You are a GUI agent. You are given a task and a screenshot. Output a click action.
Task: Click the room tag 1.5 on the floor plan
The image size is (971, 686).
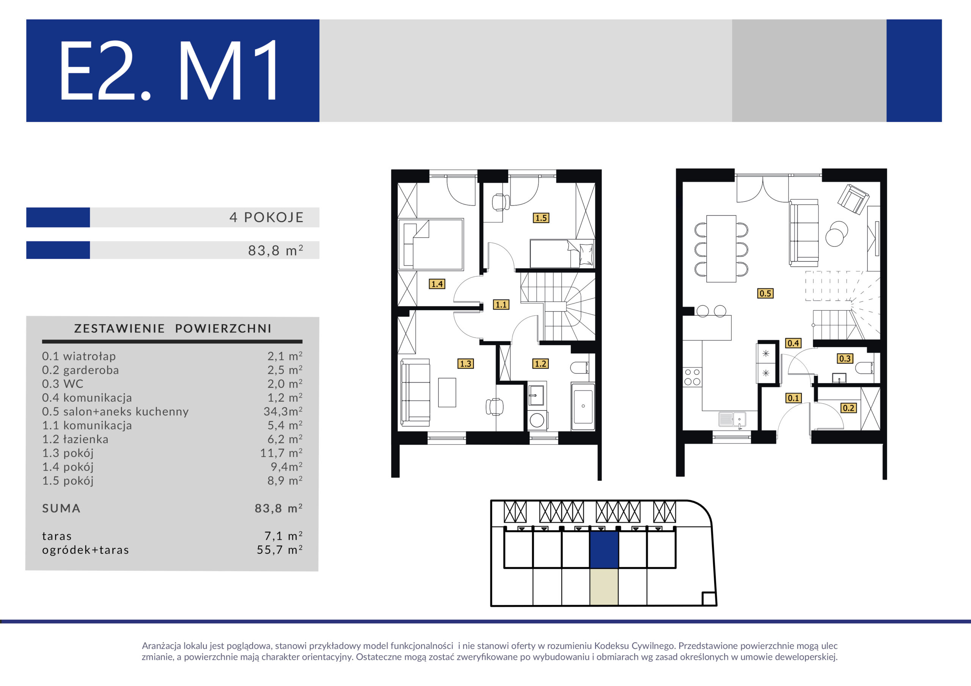tap(541, 218)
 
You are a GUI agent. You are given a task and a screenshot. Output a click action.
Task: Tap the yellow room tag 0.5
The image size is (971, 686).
tap(765, 293)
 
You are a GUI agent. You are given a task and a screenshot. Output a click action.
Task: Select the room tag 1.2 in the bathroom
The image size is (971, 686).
tap(540, 363)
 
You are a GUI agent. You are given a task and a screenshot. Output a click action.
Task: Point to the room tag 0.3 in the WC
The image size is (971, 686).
tap(845, 359)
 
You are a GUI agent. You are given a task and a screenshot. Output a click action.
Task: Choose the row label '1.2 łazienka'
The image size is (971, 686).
tap(75, 439)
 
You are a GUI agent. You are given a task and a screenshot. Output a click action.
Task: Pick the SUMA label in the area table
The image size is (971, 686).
tap(61, 509)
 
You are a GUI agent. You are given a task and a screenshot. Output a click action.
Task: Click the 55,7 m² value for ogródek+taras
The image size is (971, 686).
tap(280, 550)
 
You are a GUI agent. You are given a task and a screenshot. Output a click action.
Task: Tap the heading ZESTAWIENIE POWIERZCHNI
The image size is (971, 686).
tap(173, 329)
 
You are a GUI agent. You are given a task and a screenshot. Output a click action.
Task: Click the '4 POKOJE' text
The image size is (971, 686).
tap(266, 217)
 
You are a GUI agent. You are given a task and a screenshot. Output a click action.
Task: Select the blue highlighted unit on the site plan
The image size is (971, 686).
tap(604, 550)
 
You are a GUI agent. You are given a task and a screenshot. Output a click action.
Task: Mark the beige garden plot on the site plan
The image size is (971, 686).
tap(604, 587)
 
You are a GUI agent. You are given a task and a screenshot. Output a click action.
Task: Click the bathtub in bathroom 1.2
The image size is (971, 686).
tap(583, 407)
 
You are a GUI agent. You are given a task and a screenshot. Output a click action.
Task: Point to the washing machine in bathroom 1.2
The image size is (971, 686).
tap(537, 420)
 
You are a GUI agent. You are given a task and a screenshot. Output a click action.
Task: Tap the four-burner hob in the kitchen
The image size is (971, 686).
tap(692, 377)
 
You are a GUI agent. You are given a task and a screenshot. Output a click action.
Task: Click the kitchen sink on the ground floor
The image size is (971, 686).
tap(732, 419)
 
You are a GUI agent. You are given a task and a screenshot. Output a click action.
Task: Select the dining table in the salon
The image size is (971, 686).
tap(721, 249)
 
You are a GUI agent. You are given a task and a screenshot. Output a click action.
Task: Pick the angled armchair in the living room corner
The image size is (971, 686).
tap(853, 199)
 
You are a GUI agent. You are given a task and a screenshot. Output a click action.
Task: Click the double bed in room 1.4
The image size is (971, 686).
tap(431, 244)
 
